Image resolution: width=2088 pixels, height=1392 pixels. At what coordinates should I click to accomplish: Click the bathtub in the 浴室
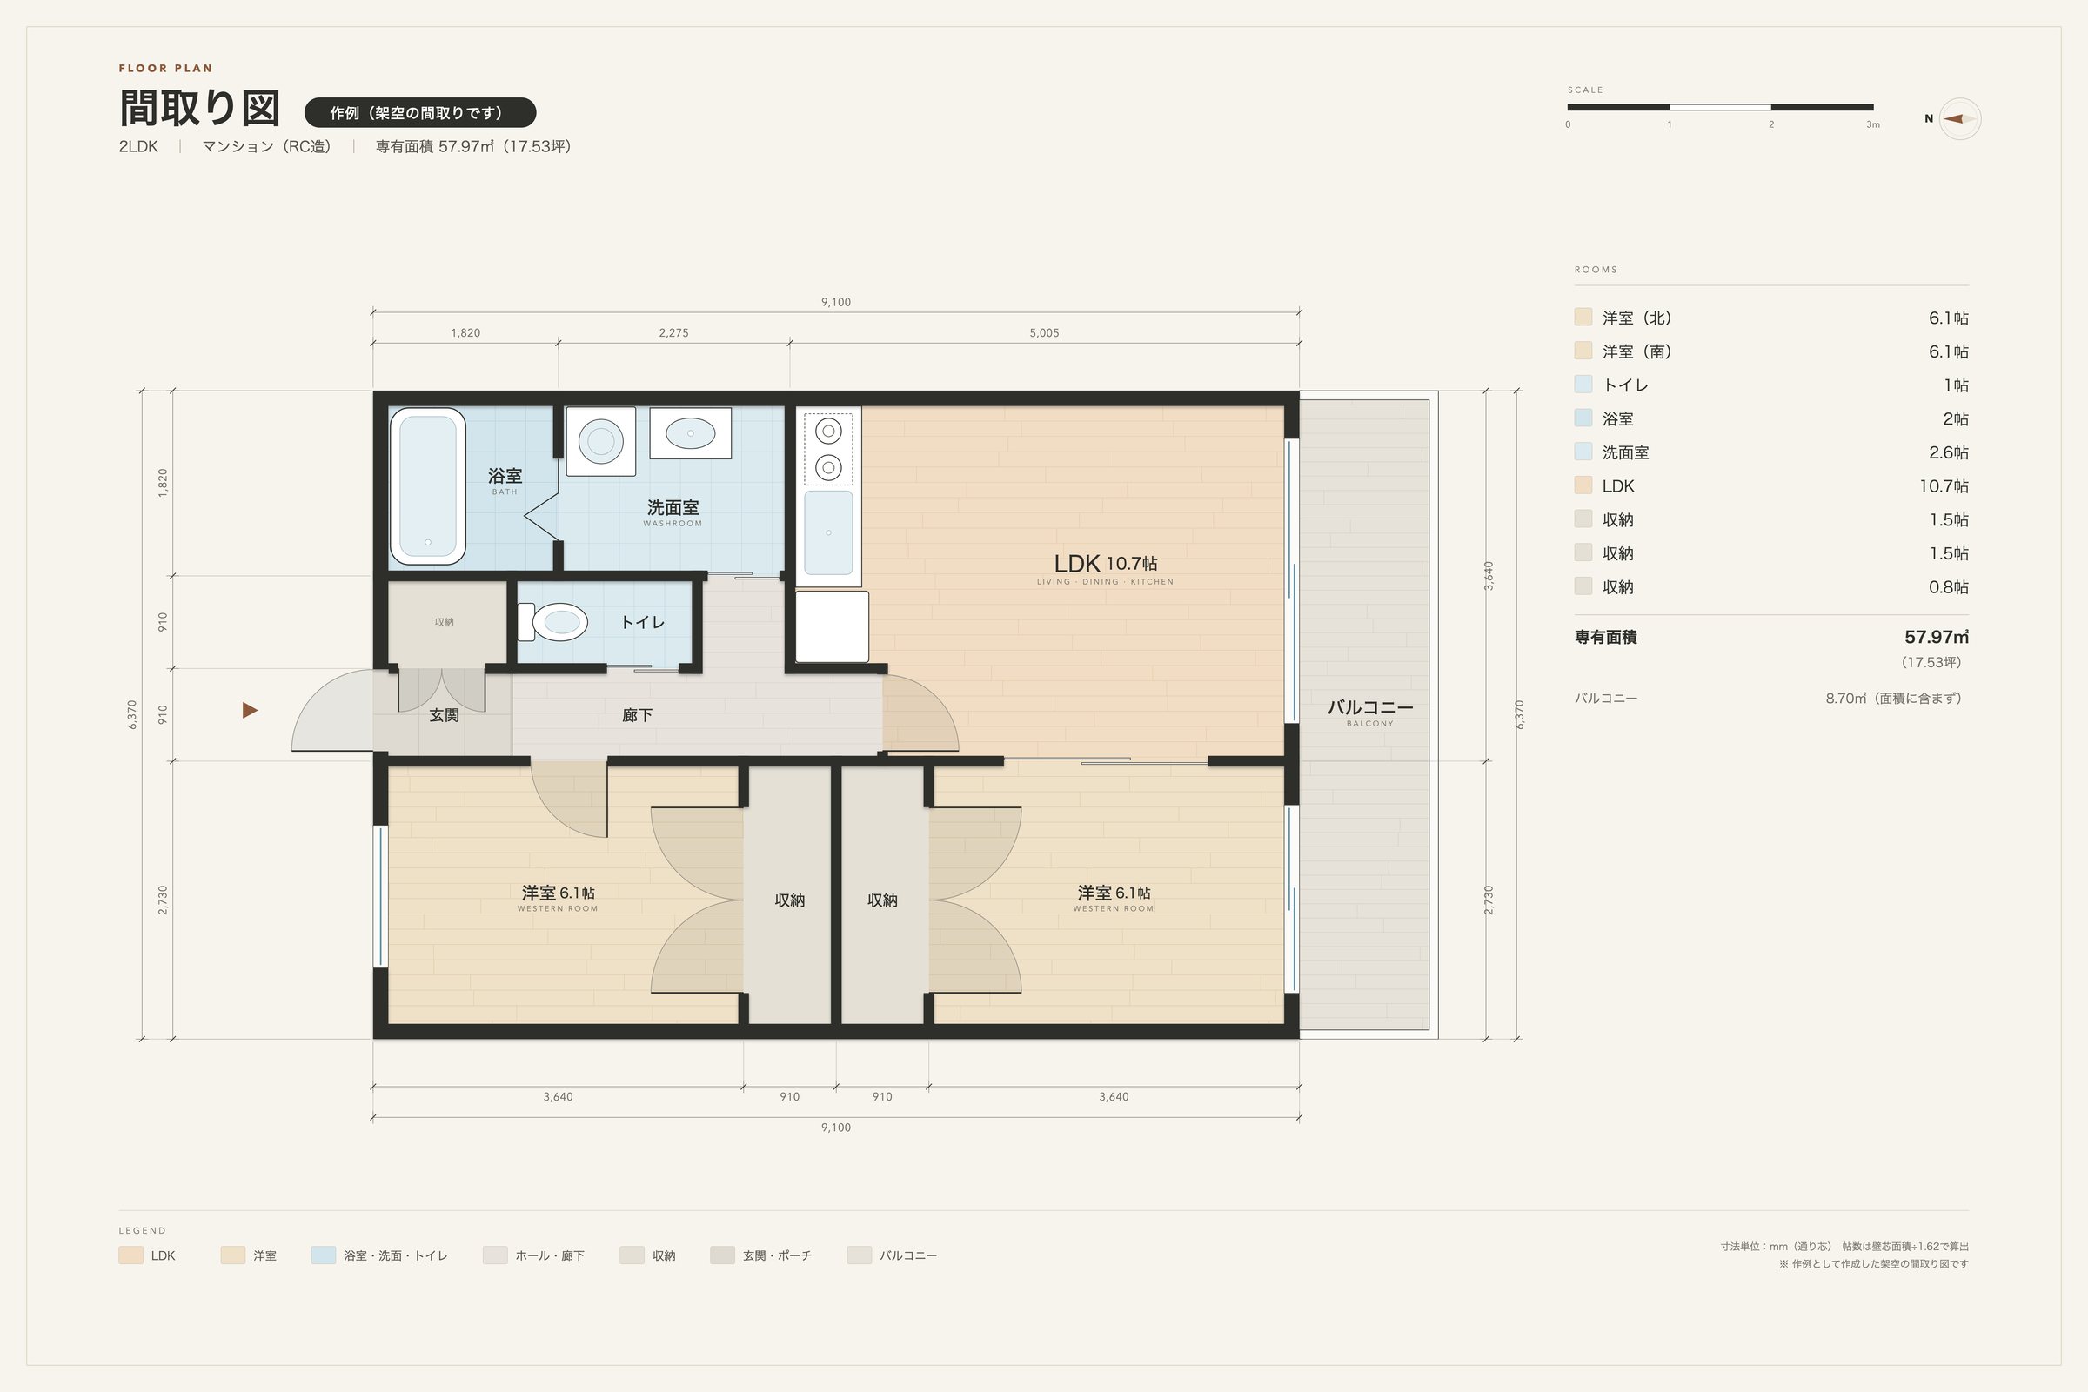coord(428,485)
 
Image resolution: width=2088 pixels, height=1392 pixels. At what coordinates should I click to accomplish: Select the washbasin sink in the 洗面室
coord(690,433)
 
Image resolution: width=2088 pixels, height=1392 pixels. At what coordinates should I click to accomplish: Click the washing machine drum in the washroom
coord(601,440)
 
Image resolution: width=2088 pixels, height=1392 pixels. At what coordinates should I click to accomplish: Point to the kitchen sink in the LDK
coord(828,532)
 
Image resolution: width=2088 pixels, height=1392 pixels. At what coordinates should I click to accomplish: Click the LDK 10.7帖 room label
coord(1105,563)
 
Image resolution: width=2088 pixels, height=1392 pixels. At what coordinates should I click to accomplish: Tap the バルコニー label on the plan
coord(1369,707)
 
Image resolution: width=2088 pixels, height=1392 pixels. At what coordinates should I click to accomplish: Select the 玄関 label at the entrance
coord(444,714)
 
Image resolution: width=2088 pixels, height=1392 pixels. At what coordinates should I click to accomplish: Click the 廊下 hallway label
coord(638,714)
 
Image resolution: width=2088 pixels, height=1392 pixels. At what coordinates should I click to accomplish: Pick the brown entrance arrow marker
coord(250,710)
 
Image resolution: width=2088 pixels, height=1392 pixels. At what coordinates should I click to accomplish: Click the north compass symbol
coord(1959,119)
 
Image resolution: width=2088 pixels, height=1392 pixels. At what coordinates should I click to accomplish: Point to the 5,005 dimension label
coord(1044,333)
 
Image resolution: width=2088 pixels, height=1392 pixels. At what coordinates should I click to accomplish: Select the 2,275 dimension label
coord(673,333)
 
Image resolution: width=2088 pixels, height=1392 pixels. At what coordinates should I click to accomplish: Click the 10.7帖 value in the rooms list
coord(1944,486)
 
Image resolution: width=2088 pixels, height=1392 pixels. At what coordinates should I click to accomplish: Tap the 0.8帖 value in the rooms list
coord(1948,586)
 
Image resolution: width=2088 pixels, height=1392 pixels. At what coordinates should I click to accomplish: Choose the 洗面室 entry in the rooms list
coord(1625,452)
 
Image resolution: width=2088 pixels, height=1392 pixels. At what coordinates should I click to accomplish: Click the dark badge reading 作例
coord(420,113)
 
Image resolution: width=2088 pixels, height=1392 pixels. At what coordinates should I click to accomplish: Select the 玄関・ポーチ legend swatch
coord(722,1255)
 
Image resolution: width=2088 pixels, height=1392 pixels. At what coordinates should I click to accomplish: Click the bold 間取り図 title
coord(200,108)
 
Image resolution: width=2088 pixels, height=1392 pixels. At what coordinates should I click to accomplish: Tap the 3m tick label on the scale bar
coord(1872,125)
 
